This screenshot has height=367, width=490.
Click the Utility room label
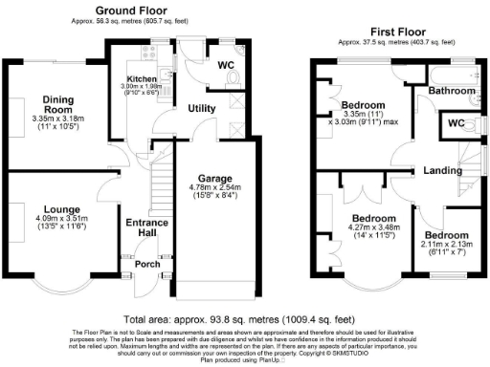pyautogui.click(x=201, y=109)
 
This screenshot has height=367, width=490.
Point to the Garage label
pyautogui.click(x=215, y=179)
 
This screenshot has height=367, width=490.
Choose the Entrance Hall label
pyautogui.click(x=148, y=228)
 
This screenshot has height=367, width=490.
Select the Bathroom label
pyautogui.click(x=451, y=91)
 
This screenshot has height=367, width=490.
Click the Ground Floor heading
pyautogui.click(x=128, y=11)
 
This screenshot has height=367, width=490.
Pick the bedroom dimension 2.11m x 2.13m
pyautogui.click(x=446, y=247)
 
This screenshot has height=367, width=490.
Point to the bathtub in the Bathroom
pyautogui.click(x=451, y=74)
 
